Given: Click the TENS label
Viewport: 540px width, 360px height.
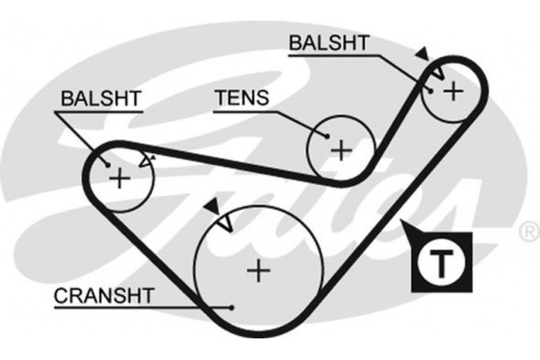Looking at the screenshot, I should [241, 97].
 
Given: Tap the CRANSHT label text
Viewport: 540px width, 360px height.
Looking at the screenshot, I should [103, 294].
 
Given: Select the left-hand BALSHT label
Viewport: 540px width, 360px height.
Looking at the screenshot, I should [102, 98].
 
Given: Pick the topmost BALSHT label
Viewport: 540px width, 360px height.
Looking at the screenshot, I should [328, 42].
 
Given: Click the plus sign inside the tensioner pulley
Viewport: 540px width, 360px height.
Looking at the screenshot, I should [340, 149].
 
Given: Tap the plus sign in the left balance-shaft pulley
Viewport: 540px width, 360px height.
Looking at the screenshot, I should [120, 178].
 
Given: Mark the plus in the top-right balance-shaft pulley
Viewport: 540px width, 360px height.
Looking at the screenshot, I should [454, 89].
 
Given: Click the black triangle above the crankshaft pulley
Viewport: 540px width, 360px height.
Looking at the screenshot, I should [211, 207].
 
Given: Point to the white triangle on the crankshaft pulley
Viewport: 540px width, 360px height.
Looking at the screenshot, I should [226, 220].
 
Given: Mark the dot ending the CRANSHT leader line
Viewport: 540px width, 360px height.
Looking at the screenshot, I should [232, 307].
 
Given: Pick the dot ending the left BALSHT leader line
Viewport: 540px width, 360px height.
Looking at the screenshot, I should [109, 165].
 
